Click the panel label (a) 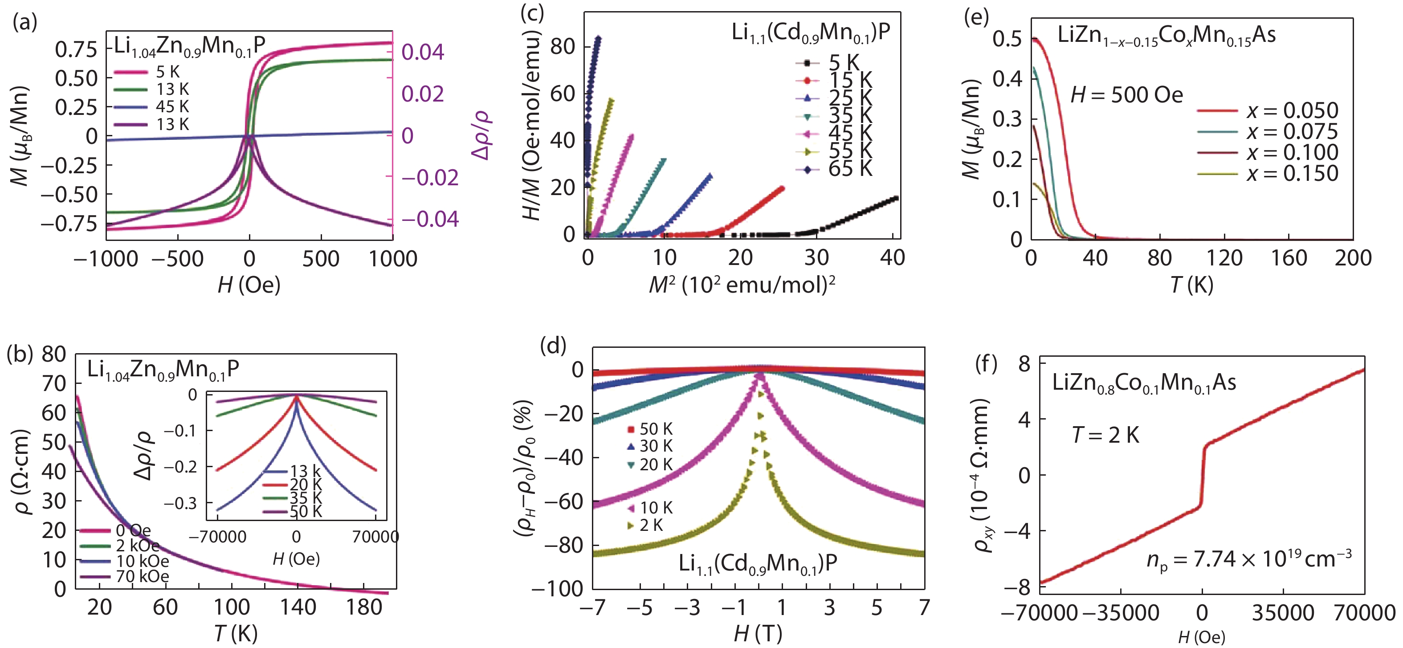(x=24, y=23)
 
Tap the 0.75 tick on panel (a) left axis (x=76, y=49)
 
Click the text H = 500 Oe (x=1126, y=95)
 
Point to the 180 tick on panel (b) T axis (x=364, y=607)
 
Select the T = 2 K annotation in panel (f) (x=1105, y=435)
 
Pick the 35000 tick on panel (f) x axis (x=1283, y=613)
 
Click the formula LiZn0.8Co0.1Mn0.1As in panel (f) (x=1144, y=383)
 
